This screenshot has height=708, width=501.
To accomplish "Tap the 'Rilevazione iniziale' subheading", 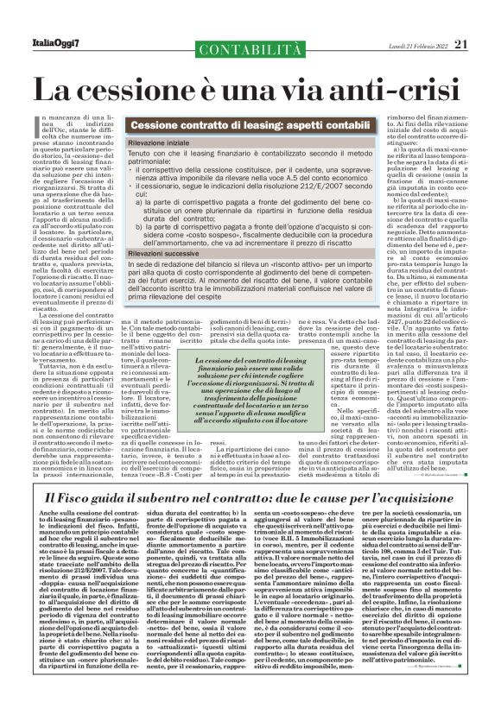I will pyautogui.click(x=162, y=141).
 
